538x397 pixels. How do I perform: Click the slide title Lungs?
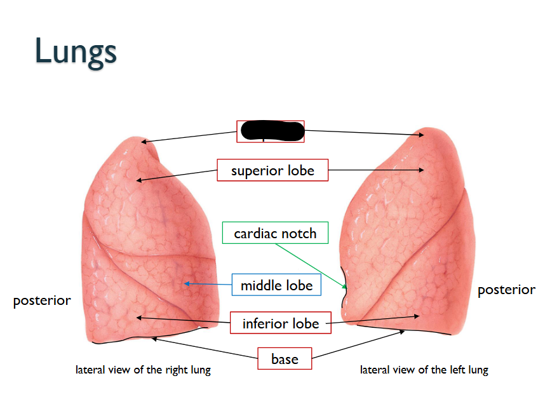pyautogui.click(x=76, y=51)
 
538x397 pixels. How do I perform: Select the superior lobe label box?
pyautogui.click(x=272, y=170)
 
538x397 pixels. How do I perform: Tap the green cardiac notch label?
pyautogui.click(x=275, y=233)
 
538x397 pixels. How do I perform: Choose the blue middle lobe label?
pyautogui.click(x=276, y=285)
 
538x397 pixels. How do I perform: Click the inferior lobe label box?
pyautogui.click(x=280, y=323)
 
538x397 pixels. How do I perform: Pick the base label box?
pyautogui.click(x=284, y=359)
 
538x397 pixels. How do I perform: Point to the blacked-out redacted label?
pyautogui.click(x=271, y=131)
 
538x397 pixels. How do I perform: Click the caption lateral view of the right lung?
pyautogui.click(x=142, y=370)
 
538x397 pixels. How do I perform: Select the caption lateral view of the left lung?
pyautogui.click(x=424, y=370)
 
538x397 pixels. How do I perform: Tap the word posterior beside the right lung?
pyautogui.click(x=42, y=300)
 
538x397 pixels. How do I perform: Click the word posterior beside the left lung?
pyautogui.click(x=506, y=290)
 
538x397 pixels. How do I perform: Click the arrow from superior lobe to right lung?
pyautogui.click(x=177, y=175)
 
